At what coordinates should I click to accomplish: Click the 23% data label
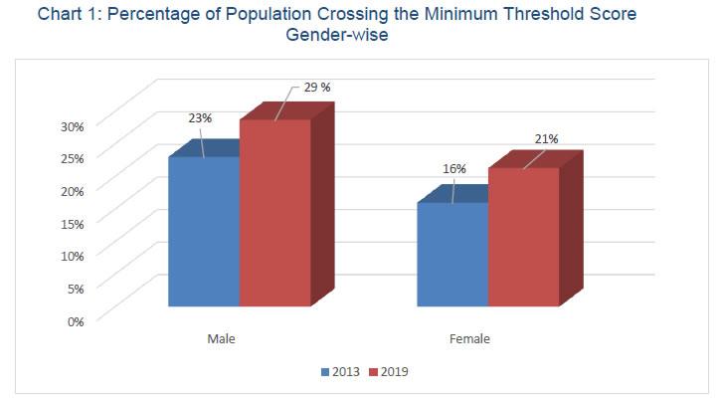point(200,118)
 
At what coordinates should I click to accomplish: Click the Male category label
point(221,339)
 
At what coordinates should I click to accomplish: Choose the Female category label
point(469,339)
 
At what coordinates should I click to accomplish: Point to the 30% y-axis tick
point(74,125)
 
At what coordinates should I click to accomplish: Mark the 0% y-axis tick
point(77,320)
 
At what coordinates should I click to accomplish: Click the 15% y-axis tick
point(74,223)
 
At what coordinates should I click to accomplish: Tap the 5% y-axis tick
point(77,288)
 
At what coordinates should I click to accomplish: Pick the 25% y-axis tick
point(74,157)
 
